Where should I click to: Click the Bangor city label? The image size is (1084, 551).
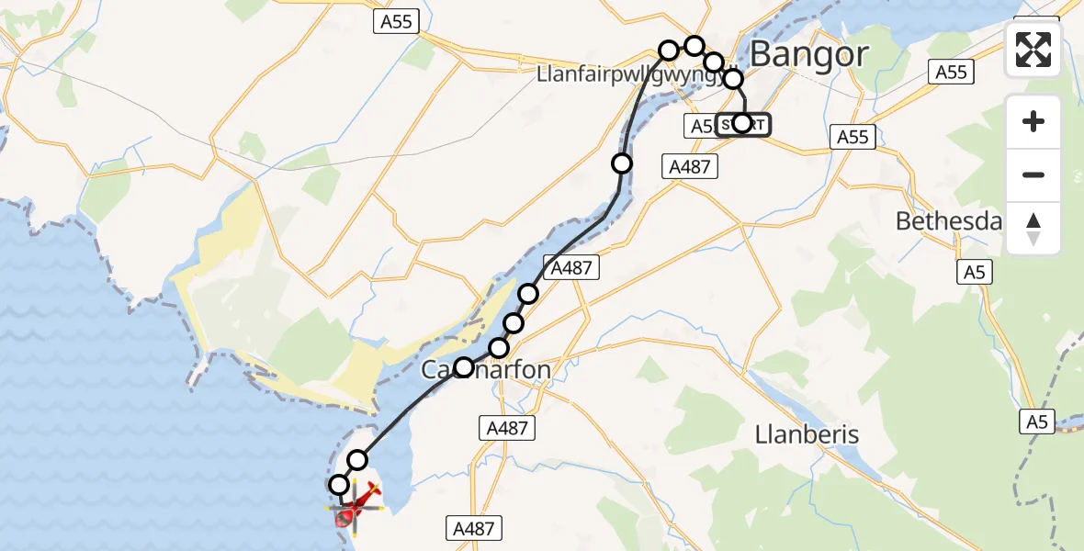[808, 55]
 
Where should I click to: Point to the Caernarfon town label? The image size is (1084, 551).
[487, 370]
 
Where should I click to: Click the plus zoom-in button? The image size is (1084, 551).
[1033, 121]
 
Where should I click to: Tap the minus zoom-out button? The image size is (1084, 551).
[1033, 174]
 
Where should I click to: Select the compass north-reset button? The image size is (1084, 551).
[1033, 229]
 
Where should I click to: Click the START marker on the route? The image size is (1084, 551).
[742, 124]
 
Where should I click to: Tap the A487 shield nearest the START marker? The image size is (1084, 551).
[688, 166]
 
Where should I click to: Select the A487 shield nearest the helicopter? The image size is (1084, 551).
[474, 528]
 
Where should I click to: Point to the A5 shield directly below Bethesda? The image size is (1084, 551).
[974, 272]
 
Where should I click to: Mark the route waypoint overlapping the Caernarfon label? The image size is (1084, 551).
[463, 368]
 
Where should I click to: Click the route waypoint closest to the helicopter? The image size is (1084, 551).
[339, 485]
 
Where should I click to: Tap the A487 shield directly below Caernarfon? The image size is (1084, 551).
[506, 428]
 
